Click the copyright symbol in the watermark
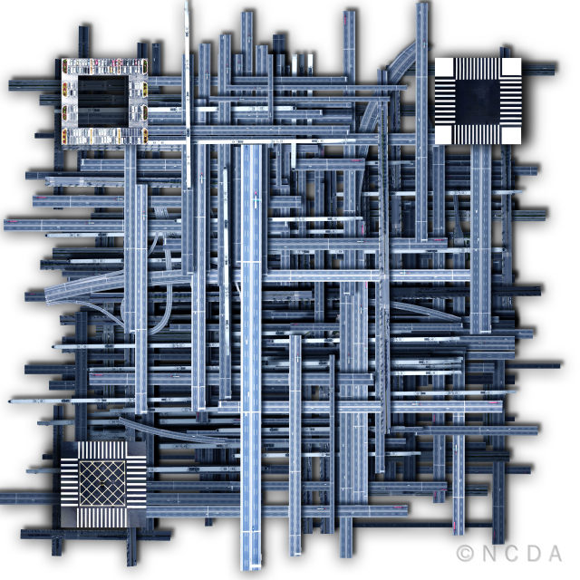pyautogui.click(x=465, y=554)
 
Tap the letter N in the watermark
pyautogui.click(x=490, y=554)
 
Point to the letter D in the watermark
pyautogui.click(x=534, y=554)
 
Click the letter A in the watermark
pyautogui.click(x=555, y=554)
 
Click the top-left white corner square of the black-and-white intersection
pyautogui.click(x=444, y=67)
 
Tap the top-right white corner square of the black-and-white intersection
pyautogui.click(x=511, y=67)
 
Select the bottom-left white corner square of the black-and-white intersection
pyautogui.click(x=444, y=135)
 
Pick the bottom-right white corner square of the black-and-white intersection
pyautogui.click(x=511, y=135)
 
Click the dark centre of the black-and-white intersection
pyautogui.click(x=478, y=101)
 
